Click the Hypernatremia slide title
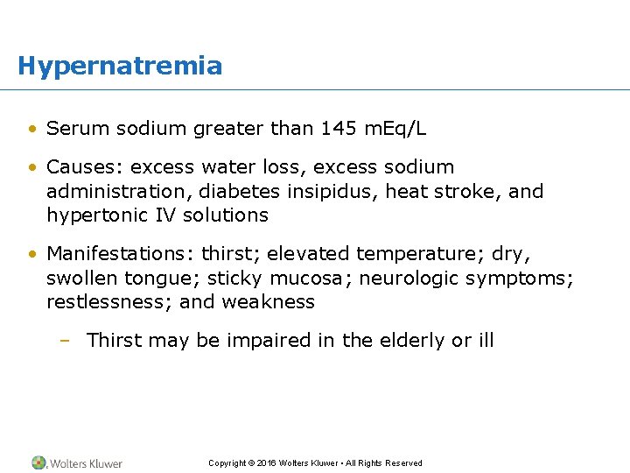click(120, 66)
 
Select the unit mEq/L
click(395, 130)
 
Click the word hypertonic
click(94, 215)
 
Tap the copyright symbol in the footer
click(251, 463)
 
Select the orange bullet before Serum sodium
click(32, 130)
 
